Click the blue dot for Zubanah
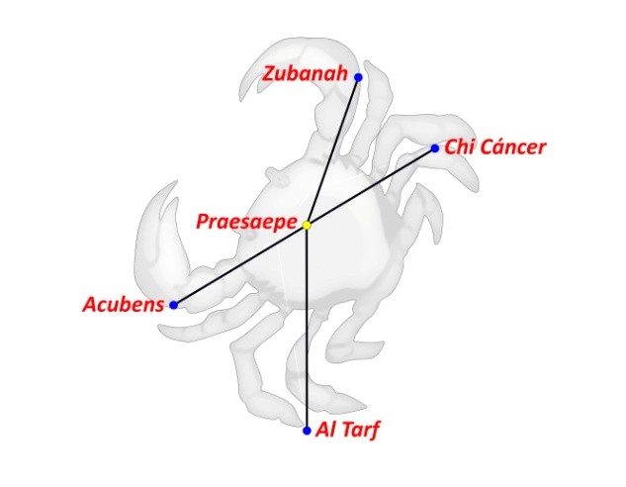tap(358, 77)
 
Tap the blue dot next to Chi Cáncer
tap(434, 149)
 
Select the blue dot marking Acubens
tap(174, 305)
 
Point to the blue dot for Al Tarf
tap(308, 431)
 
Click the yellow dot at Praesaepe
tap(308, 226)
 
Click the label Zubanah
tap(306, 74)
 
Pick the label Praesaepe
tap(247, 222)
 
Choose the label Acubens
tap(123, 305)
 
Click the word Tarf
tap(359, 431)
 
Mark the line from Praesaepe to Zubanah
tap(333, 150)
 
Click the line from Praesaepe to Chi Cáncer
tap(371, 187)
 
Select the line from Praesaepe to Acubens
tap(240, 265)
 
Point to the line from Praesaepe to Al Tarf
tap(308, 327)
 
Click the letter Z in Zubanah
tap(269, 74)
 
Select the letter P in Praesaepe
tap(202, 222)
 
